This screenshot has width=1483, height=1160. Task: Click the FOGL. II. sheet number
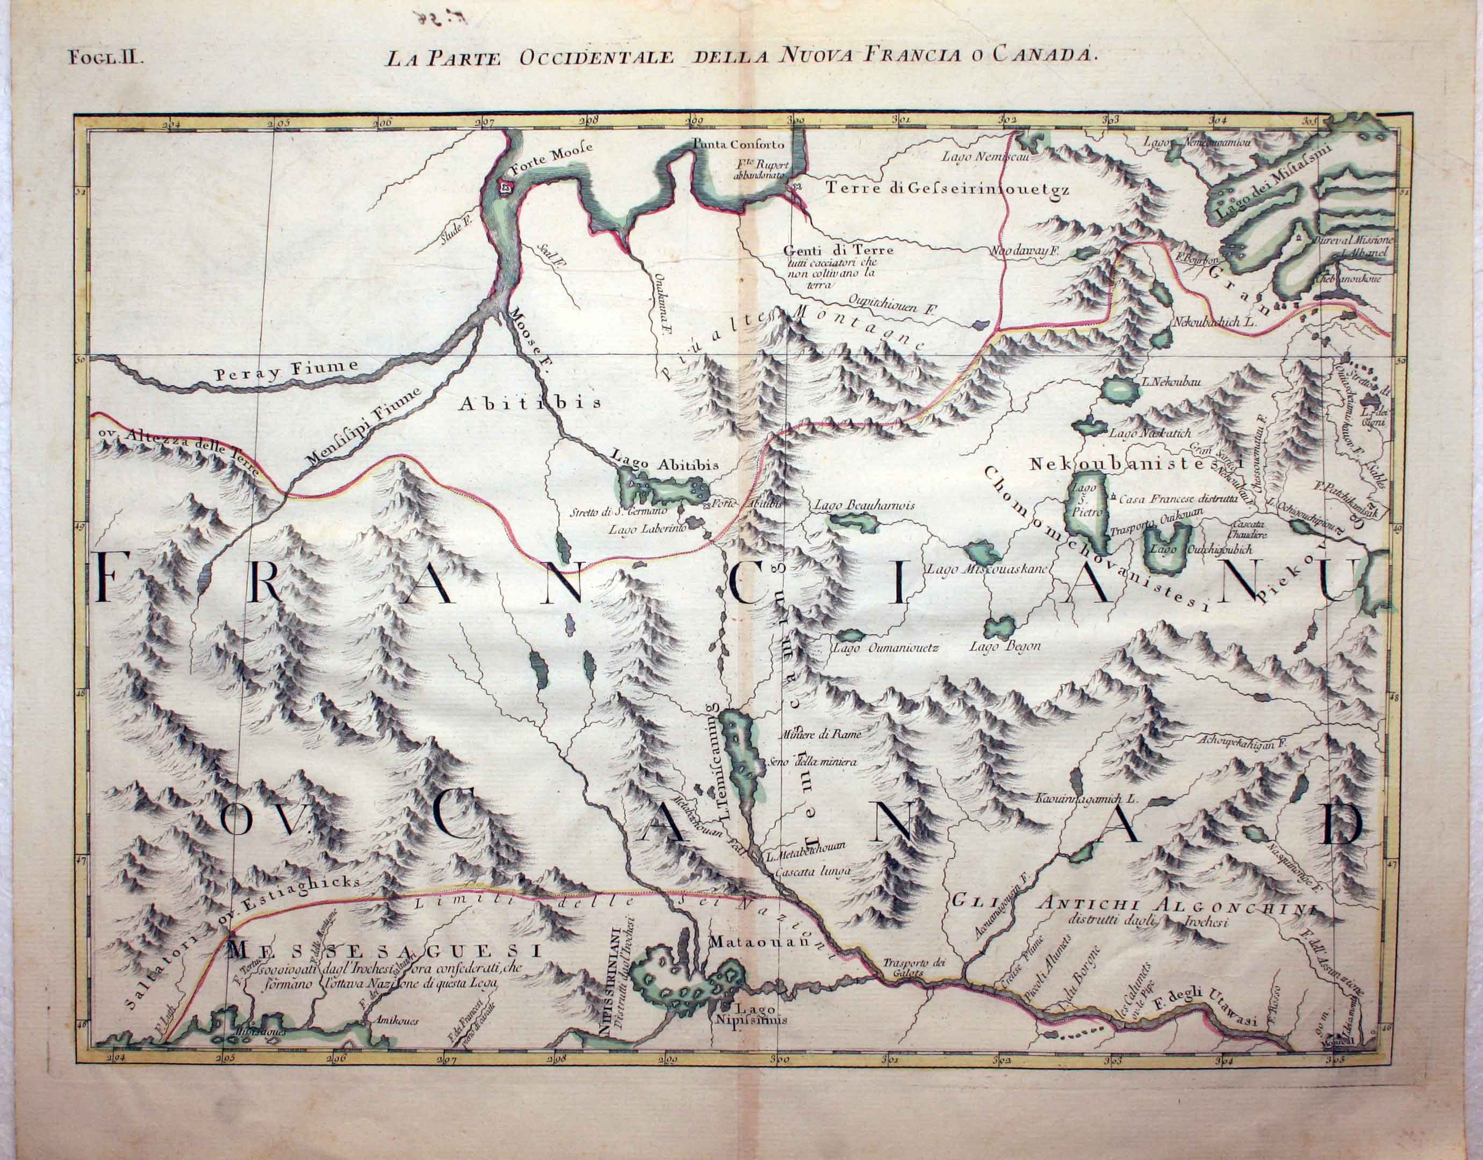(x=105, y=56)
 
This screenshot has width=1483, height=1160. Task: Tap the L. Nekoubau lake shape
(x=1118, y=390)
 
